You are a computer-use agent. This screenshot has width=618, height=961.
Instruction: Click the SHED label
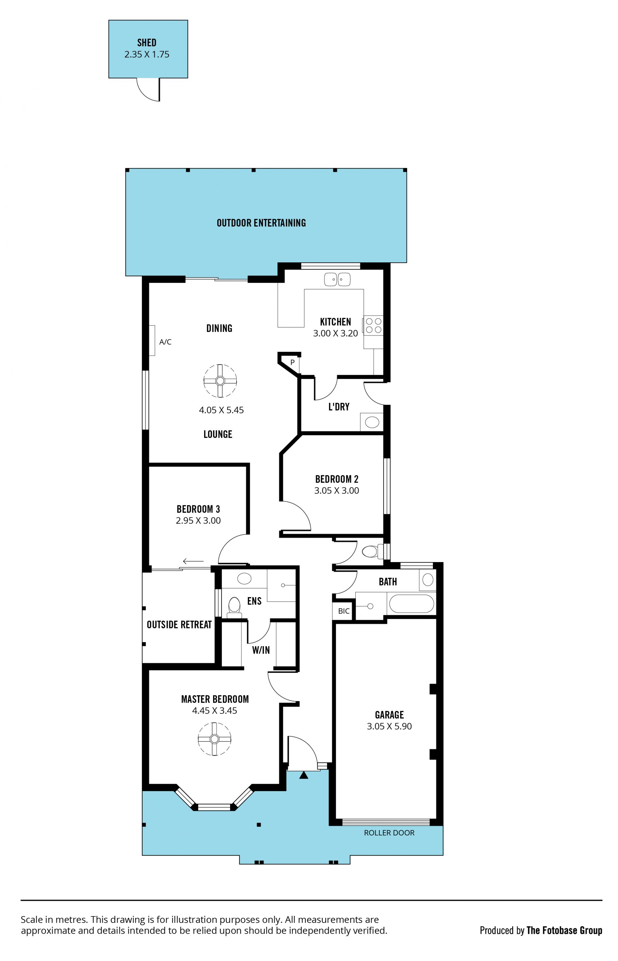point(147,43)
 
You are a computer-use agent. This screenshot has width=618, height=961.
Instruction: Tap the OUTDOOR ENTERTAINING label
point(261,223)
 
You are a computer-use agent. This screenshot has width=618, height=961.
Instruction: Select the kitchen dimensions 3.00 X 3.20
point(335,334)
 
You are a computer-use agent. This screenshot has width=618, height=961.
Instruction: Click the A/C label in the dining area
point(165,342)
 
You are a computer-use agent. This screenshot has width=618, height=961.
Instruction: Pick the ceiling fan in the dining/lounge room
point(220,381)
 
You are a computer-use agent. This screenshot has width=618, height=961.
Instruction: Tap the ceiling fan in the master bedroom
point(215,739)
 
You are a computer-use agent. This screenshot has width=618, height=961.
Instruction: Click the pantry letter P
point(293,362)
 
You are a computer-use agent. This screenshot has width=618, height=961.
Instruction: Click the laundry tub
point(372,422)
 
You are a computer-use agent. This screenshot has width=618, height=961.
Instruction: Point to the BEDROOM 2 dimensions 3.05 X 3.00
point(337,490)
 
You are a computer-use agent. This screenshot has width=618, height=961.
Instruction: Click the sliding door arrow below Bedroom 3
point(193,561)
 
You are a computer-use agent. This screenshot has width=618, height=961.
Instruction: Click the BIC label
point(344,611)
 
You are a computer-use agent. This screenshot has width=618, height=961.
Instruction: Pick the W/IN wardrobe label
point(261,650)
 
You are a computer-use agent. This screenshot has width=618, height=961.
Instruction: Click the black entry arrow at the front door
point(304,775)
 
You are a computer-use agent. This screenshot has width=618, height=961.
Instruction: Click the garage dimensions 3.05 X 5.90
point(389,726)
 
